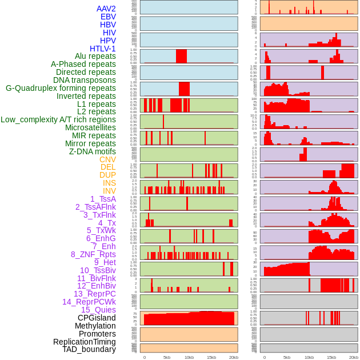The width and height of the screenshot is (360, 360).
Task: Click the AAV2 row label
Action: click(106, 9)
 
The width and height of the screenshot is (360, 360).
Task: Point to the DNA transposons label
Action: click(85, 80)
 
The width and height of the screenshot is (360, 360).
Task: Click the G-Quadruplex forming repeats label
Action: click(61, 88)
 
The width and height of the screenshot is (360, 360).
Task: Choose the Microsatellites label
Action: click(90, 127)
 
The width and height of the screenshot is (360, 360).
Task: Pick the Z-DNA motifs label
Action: click(93, 151)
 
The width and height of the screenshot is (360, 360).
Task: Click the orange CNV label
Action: click(107, 159)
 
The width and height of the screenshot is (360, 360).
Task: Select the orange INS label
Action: click(109, 183)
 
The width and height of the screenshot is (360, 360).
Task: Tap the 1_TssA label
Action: click(103, 199)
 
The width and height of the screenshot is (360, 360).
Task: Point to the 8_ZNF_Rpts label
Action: click(93, 254)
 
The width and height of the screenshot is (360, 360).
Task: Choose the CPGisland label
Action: click(97, 318)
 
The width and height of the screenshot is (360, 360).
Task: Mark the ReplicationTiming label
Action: click(84, 342)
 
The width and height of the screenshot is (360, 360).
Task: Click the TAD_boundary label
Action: click(89, 349)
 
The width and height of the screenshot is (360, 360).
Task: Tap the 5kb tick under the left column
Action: click(167, 357)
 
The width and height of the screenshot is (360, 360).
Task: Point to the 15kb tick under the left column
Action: click(211, 357)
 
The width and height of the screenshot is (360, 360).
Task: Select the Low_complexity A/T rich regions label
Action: click(58, 119)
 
